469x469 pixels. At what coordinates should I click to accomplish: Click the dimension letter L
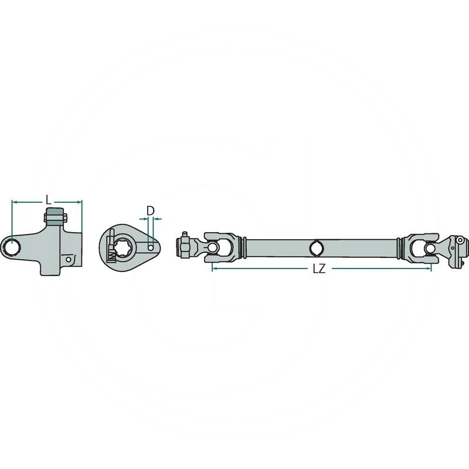coord(48,199)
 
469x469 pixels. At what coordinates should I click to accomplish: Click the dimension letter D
coord(150,210)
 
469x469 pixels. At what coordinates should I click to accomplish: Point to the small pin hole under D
coord(151,248)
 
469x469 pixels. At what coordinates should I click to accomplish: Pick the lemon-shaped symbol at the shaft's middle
coord(316,248)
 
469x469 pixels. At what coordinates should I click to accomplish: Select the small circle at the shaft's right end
coord(461,240)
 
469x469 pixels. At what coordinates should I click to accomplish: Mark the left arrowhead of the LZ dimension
coord(214,268)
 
